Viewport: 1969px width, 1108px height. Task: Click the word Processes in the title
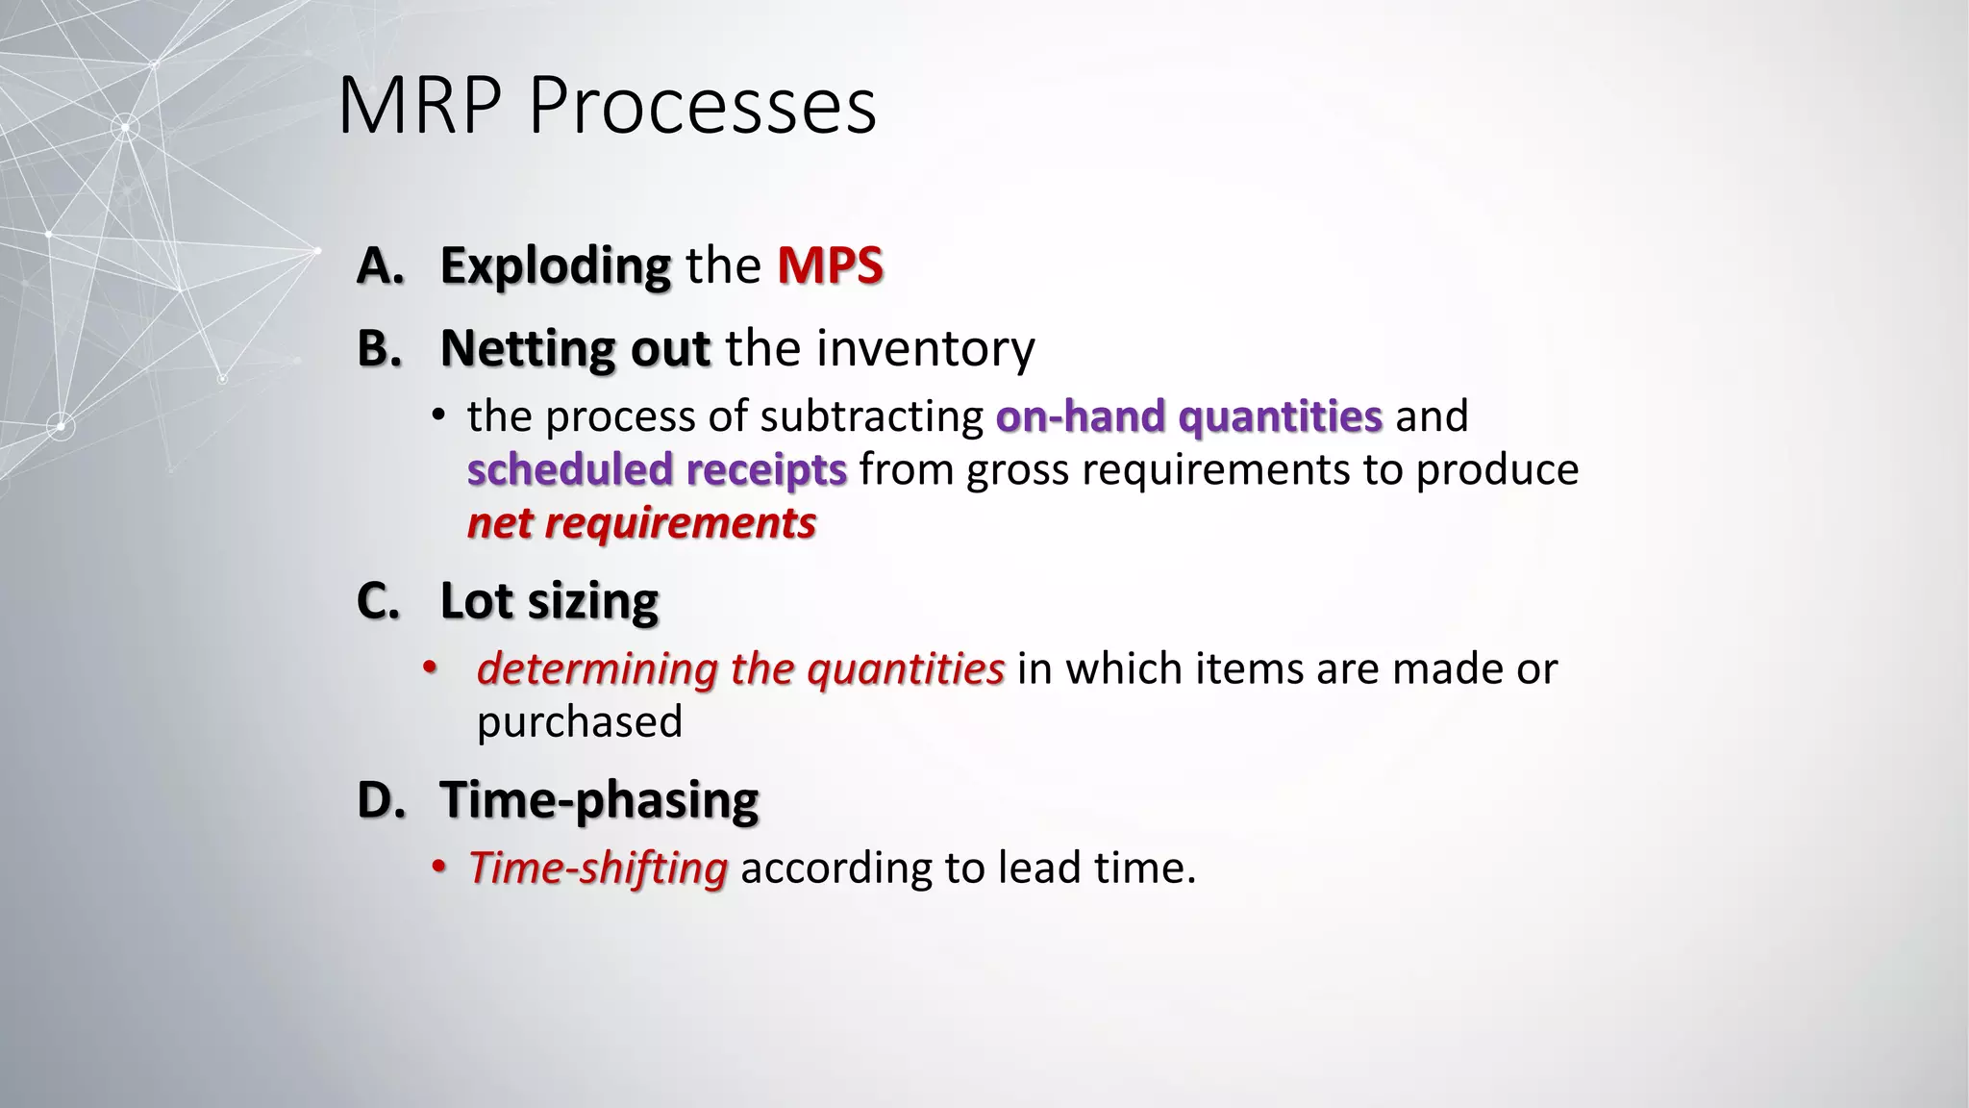[x=702, y=106]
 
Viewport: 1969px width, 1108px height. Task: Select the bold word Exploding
[x=555, y=265]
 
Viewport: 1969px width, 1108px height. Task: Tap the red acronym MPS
[x=830, y=265]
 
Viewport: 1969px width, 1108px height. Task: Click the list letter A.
[x=379, y=265]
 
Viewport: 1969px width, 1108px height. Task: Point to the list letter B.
[x=379, y=348]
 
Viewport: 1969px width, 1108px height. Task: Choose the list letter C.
[x=378, y=601]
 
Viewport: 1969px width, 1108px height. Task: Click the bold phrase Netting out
[x=575, y=348]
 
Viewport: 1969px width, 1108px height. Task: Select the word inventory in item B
[x=925, y=348]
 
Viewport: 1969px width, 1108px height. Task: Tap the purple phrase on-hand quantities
[x=1188, y=416]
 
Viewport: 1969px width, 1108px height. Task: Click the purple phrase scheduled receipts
[x=657, y=469]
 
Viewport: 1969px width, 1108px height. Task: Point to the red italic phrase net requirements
[x=641, y=523]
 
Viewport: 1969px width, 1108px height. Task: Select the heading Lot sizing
[x=549, y=601]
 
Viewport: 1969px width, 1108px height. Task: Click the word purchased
[x=579, y=721]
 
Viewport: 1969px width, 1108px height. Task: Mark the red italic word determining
[x=597, y=668]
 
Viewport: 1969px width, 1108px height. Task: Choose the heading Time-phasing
[x=599, y=799]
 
